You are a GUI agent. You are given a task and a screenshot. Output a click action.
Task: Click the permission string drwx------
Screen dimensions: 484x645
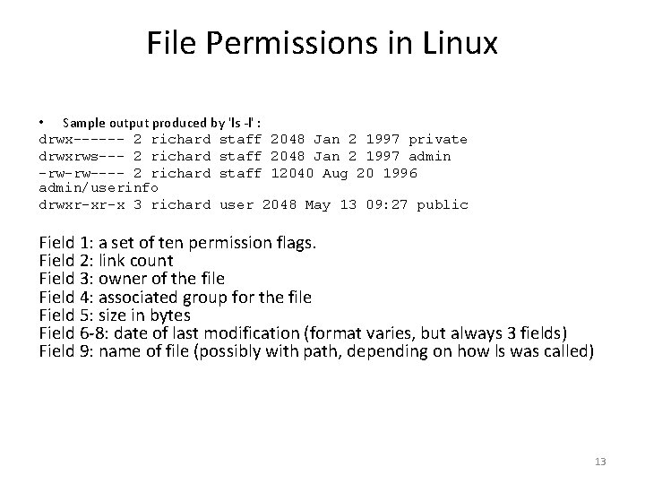coord(82,139)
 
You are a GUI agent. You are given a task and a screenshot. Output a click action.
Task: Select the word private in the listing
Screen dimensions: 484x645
coord(438,139)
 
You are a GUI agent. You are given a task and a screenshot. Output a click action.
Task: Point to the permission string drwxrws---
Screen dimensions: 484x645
coord(82,156)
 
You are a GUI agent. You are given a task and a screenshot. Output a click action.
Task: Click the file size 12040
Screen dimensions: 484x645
coord(284,172)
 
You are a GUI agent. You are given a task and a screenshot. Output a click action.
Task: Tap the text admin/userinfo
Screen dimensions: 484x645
coord(99,188)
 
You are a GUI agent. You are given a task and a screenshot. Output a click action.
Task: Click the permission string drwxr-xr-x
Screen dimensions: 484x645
coord(82,204)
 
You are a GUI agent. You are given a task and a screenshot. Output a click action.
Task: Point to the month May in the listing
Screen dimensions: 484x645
coord(317,204)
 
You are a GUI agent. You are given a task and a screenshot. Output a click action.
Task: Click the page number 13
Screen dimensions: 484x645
coord(600,462)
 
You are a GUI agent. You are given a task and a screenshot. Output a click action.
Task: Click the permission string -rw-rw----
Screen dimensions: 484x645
coord(82,172)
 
